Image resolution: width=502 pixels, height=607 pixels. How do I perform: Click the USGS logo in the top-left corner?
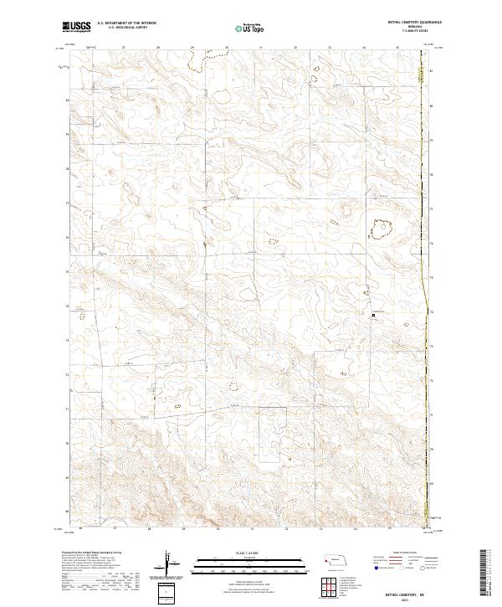pos(76,28)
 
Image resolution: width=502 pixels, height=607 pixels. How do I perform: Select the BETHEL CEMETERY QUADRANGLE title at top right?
pos(414,22)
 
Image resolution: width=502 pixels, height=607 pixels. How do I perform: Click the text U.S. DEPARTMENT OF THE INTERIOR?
pos(126,24)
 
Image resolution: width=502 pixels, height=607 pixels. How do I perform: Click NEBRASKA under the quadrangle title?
pos(414,26)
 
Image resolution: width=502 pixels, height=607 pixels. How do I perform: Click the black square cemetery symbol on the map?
pos(373,315)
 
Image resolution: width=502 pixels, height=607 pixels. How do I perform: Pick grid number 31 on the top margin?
pos(259,48)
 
